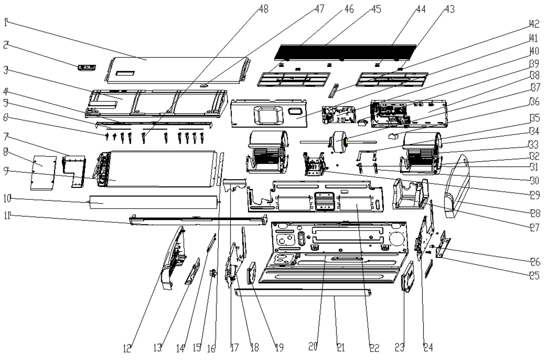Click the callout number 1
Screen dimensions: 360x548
pyautogui.click(x=6, y=22)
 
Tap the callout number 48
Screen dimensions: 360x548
pyautogui.click(x=263, y=9)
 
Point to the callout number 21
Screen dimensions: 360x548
pyautogui.click(x=340, y=348)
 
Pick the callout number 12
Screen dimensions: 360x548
pyautogui.click(x=127, y=349)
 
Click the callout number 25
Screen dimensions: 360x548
pyautogui.click(x=535, y=275)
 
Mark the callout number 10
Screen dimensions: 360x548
pyautogui.click(x=7, y=198)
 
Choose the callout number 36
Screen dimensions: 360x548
pyautogui.click(x=534, y=102)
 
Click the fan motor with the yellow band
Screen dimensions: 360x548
pyautogui.click(x=339, y=141)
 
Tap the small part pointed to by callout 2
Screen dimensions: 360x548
pyautogui.click(x=87, y=68)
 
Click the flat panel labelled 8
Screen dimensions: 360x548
pyautogui.click(x=43, y=173)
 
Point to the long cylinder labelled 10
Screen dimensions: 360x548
pyautogui.click(x=154, y=202)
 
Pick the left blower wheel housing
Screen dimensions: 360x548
pyautogui.click(x=267, y=152)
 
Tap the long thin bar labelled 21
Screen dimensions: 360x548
pyautogui.click(x=302, y=292)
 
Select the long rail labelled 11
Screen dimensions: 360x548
pyautogui.click(x=198, y=220)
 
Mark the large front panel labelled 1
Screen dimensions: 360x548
pyautogui.click(x=177, y=70)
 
